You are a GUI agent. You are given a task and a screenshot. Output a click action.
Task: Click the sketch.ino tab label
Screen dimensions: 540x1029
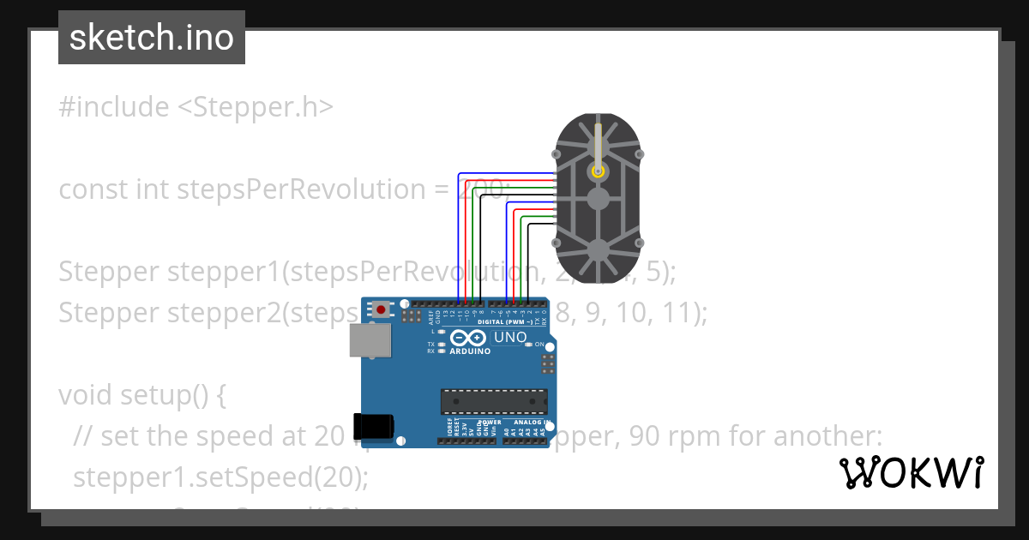[151, 38]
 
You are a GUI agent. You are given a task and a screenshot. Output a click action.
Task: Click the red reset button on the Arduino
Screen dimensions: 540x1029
[381, 309]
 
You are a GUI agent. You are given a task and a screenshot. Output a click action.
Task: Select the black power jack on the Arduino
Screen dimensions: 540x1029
[374, 427]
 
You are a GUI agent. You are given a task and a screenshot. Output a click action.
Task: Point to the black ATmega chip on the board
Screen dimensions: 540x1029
[494, 400]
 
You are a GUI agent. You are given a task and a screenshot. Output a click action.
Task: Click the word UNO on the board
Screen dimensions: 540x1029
[510, 338]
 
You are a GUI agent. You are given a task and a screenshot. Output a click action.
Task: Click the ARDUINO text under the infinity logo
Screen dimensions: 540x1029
[470, 351]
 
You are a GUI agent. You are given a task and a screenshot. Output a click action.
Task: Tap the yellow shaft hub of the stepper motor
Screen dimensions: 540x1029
[598, 171]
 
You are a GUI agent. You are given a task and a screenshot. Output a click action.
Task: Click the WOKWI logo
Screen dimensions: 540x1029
[912, 473]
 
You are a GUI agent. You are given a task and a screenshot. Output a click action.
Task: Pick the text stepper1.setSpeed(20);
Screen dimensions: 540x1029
[221, 477]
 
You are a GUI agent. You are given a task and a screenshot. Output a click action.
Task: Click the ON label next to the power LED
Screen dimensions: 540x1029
[539, 345]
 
